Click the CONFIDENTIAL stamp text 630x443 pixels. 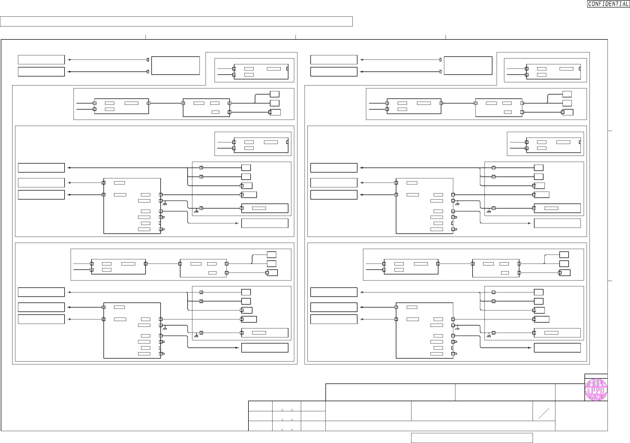[x=608, y=4]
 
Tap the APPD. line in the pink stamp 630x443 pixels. [x=596, y=390]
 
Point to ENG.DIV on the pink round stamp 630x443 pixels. [x=596, y=397]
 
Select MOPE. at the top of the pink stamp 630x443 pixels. [x=596, y=383]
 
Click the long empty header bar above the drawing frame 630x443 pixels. [x=176, y=21]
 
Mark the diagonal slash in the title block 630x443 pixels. [x=543, y=413]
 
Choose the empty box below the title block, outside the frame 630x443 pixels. [x=472, y=438]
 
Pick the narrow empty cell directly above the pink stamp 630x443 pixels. [x=596, y=376]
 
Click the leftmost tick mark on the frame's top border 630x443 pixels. [x=146, y=37]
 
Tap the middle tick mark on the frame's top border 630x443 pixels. [x=296, y=37]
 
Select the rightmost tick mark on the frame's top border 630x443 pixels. [x=446, y=37]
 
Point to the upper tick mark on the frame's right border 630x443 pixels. [x=610, y=131]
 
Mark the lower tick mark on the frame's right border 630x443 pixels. [x=610, y=281]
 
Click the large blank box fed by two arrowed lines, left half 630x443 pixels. [x=175, y=66]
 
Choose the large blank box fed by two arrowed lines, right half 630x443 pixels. [x=468, y=66]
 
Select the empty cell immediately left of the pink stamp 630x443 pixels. [x=570, y=392]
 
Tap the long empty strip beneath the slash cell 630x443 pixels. [x=440, y=426]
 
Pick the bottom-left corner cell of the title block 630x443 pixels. [x=260, y=426]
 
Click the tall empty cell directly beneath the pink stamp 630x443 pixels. [x=581, y=416]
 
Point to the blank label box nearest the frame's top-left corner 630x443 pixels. [x=41, y=60]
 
